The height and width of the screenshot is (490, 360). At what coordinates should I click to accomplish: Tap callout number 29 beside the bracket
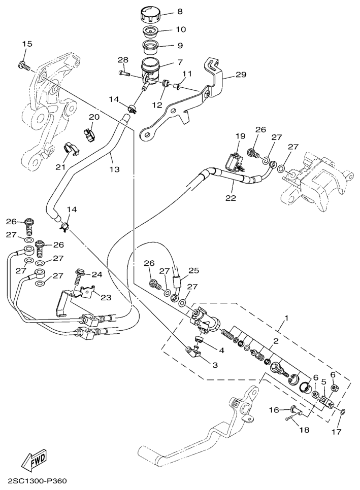tap(241, 75)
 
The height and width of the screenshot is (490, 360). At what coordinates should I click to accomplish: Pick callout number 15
tap(27, 44)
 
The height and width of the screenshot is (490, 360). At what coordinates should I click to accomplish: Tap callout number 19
tap(240, 136)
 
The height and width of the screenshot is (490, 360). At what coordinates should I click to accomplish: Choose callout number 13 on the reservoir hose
tap(115, 169)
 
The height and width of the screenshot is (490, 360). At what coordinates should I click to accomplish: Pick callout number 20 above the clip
tap(94, 117)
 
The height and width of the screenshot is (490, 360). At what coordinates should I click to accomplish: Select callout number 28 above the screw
tap(123, 60)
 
